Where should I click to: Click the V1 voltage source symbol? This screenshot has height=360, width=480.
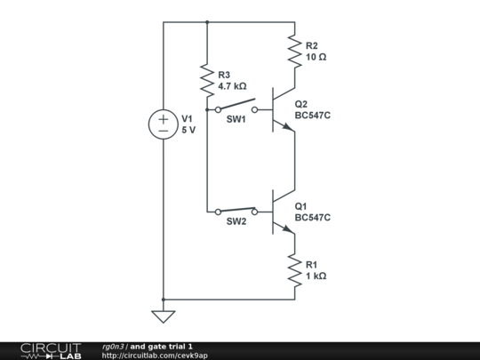[x=164, y=124]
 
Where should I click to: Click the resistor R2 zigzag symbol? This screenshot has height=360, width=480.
[x=295, y=51]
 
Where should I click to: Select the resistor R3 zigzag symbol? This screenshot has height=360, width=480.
[x=207, y=80]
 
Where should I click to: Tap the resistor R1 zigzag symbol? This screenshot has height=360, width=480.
[x=295, y=270]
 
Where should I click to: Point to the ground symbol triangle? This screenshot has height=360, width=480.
[x=164, y=316]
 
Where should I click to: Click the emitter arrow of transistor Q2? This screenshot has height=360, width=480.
[x=288, y=127]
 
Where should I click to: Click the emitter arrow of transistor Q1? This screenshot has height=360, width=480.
[x=288, y=229]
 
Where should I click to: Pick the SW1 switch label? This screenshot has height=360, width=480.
[x=236, y=119]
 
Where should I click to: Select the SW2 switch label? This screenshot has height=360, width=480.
[x=236, y=221]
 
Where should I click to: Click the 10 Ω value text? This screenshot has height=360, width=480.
[x=316, y=57]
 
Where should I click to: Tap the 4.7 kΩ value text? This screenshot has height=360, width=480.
[x=232, y=86]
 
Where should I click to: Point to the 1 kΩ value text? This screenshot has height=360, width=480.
[x=316, y=276]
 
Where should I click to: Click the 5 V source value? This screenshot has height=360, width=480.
[x=188, y=130]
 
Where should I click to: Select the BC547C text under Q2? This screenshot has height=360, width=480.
[x=313, y=116]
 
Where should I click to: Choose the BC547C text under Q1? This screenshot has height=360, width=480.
[x=313, y=218]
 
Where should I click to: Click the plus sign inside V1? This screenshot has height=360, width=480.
[x=164, y=119]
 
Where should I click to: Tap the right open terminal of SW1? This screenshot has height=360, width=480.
[x=255, y=109]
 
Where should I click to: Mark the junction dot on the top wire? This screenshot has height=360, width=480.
[x=207, y=22]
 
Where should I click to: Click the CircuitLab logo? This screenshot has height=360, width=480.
[x=51, y=351]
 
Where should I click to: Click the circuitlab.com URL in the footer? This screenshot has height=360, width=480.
[x=155, y=356]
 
